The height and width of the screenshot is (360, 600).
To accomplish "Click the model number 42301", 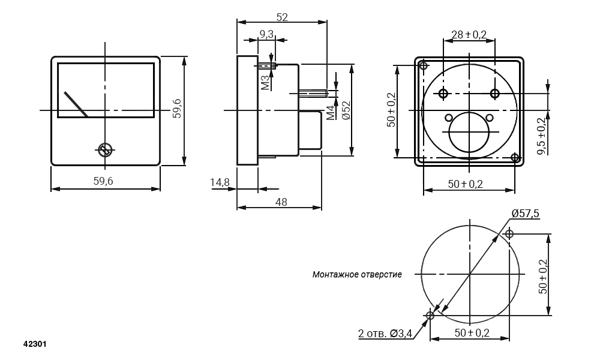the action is point(35,344).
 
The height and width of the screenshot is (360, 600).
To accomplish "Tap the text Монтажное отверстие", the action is point(357,274).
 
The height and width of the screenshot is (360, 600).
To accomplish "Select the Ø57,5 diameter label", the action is point(526,213).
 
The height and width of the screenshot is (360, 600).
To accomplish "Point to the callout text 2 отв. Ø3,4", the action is point(385,334).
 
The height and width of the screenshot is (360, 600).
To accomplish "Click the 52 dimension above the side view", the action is point(281,17).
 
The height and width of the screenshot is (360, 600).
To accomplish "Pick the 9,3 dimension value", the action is point(266,34).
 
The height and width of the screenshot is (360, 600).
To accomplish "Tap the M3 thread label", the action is point(266,83).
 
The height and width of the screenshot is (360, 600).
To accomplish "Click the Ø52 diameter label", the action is point(346,110).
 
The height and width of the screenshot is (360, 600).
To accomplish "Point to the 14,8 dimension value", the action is point(220,182).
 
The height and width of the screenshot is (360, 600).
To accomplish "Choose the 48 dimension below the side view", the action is point(281,202).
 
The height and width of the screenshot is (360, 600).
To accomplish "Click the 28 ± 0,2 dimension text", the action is point(469,35).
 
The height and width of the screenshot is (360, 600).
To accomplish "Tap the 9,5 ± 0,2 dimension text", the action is point(542,136).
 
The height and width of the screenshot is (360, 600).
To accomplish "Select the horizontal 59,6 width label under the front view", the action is point(103,181).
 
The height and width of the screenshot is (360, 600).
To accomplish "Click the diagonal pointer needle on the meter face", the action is point(76,104).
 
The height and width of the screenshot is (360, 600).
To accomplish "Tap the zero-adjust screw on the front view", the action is point(104,150).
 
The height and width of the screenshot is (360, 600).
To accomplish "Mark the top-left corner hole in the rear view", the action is point(423,65).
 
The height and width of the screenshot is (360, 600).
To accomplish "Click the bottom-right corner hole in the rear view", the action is point(515,157).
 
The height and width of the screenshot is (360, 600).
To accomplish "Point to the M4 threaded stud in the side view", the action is point(313,93).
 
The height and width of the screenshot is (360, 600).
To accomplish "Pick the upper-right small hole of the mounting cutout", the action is point(509,233).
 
